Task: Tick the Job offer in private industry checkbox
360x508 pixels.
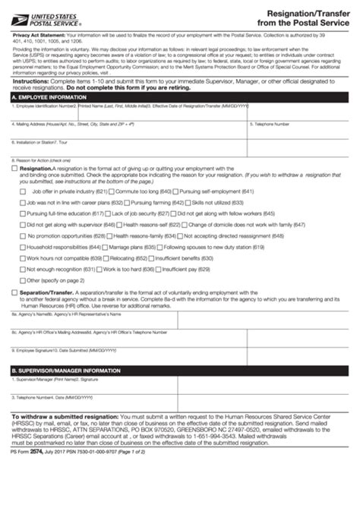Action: [22, 192]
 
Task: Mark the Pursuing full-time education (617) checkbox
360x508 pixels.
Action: [22, 214]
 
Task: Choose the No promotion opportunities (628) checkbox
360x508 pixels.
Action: [22, 236]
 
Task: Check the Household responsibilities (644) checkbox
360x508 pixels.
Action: [22, 248]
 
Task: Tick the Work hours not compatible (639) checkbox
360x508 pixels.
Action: [22, 258]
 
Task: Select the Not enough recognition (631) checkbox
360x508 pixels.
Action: [22, 270]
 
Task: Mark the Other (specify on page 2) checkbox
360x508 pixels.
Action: [22, 280]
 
